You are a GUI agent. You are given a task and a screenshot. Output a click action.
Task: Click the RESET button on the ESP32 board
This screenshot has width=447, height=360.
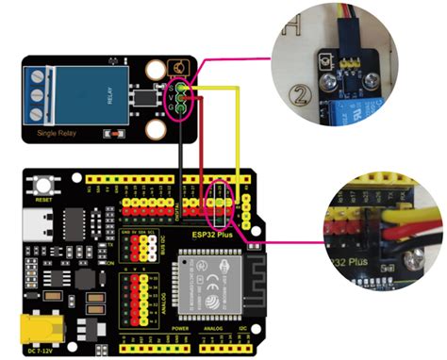(43, 185)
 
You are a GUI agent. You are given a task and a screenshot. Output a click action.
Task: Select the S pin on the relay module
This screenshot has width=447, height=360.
(177, 85)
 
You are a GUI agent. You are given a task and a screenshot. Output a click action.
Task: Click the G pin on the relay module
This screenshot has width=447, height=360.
(177, 106)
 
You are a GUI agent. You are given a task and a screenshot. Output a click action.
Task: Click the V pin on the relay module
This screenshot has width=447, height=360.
(177, 95)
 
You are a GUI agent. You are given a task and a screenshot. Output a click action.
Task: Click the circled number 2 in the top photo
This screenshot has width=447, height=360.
(301, 94)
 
